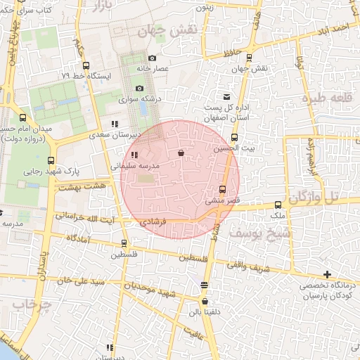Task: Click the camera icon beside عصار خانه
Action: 152,58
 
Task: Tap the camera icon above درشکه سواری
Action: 140,89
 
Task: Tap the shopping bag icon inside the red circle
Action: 181,152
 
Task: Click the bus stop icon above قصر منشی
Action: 223,189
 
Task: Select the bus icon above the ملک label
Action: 278,205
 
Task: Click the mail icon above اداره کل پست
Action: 226,97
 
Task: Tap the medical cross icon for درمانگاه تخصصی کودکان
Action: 327,274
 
